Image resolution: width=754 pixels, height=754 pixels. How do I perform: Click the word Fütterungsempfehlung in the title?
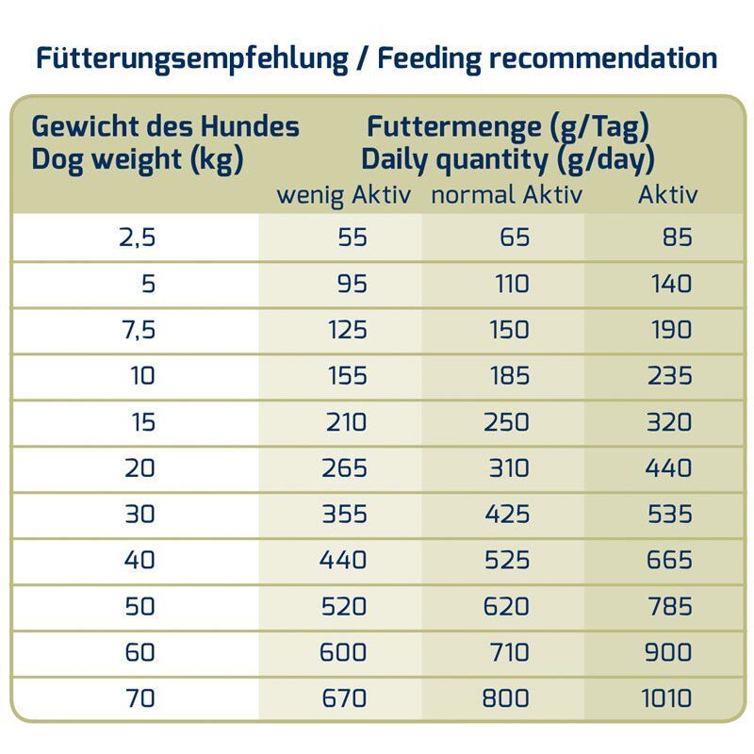pos(191,58)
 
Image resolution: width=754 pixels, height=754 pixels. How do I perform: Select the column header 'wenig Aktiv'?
pos(345,195)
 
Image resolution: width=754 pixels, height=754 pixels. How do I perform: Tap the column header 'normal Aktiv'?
pos(506,195)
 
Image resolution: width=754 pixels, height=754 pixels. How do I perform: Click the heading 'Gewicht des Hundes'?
pos(166,126)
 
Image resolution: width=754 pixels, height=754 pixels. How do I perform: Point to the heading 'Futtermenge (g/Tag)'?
pos(508,126)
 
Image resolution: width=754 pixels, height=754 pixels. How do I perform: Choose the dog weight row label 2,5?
pos(138,238)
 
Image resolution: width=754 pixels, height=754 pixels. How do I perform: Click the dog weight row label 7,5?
pos(138,330)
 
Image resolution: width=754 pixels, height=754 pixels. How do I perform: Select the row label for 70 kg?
pos(139,699)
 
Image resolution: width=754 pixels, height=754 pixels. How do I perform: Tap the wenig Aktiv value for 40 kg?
pos(344,560)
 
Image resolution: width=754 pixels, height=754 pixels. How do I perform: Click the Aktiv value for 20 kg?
pos(669,467)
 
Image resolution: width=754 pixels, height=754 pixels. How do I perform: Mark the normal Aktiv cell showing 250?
pos(506,421)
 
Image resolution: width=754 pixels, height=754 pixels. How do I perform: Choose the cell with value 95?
pos(352,284)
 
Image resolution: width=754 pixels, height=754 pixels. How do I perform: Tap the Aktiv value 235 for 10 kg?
pos(669,375)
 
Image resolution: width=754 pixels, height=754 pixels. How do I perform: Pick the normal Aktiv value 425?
pos(506,514)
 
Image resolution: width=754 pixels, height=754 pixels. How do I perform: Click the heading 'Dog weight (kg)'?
pos(138,159)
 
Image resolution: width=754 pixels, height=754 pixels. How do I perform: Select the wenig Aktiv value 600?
pos(344,652)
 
